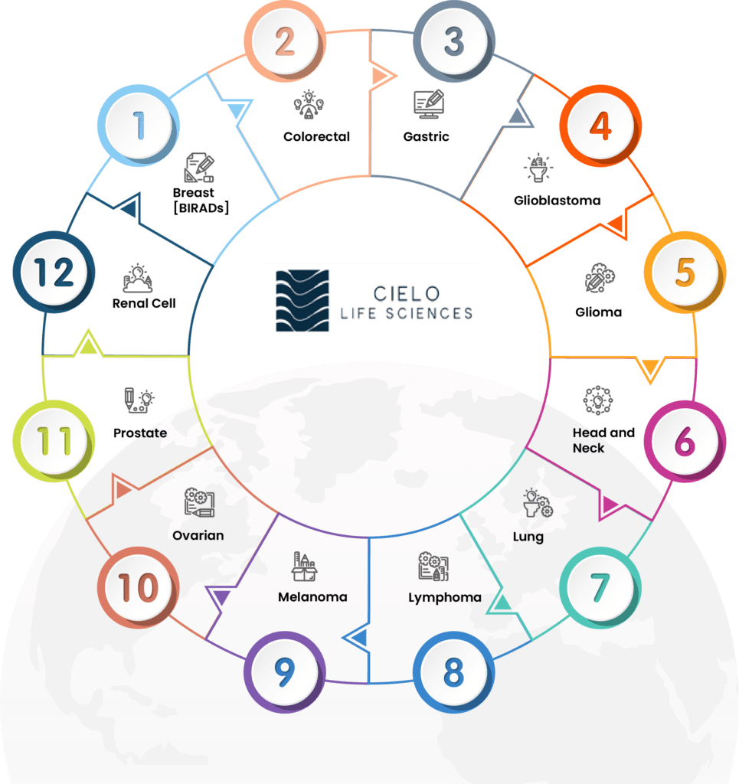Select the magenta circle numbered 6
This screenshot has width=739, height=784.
[x=685, y=442]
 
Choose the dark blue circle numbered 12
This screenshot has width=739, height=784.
[x=54, y=273]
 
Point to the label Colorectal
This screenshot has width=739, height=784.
[x=316, y=136]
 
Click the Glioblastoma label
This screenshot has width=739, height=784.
[x=557, y=201]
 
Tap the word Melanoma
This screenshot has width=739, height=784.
[x=312, y=596]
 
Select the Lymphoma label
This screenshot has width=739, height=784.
[x=445, y=597]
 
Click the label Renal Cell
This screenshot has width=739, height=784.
[x=144, y=303]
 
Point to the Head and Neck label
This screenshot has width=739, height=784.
[x=603, y=440]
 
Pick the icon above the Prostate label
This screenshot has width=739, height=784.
[x=139, y=401]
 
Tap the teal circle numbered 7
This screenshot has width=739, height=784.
[x=600, y=588]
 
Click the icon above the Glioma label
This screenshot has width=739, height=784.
[x=599, y=279]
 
